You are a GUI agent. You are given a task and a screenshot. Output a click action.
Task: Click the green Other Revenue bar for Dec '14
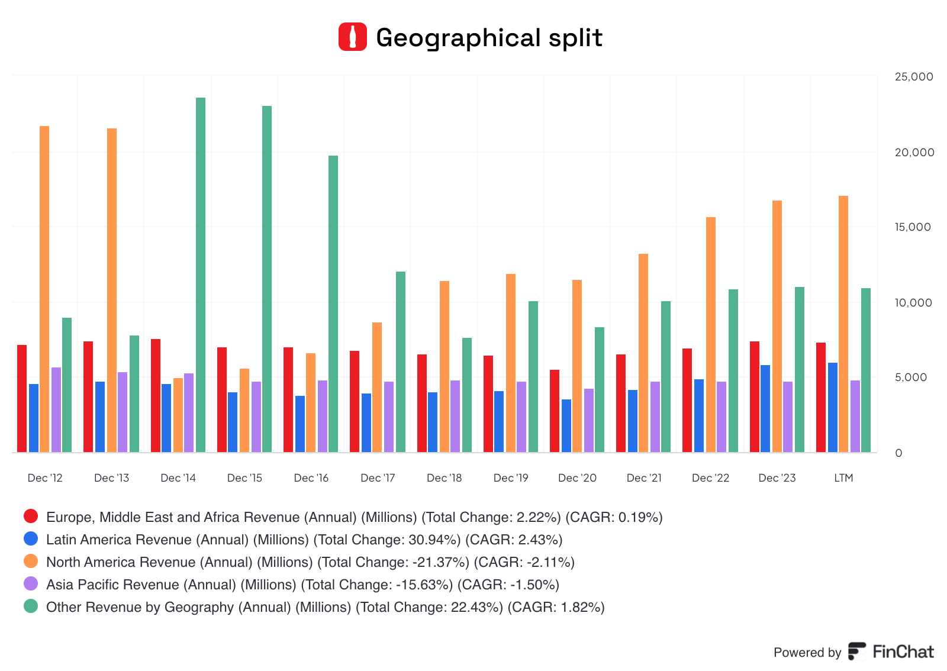coord(201,275)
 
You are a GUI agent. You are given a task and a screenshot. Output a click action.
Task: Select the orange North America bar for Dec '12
coord(44,289)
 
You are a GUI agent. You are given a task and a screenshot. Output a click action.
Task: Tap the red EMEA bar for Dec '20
coord(555,411)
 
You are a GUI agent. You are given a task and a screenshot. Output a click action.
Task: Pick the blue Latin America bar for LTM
coord(833,408)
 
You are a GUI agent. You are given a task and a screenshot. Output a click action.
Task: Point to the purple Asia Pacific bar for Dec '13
coord(123,412)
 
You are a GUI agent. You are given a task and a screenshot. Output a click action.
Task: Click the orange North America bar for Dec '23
coord(777,327)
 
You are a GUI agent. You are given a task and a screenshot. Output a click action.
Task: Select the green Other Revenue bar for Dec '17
coord(401,362)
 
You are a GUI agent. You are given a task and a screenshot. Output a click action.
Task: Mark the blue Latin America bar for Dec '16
coord(300,424)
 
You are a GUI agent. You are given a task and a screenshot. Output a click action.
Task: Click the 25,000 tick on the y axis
coord(914,76)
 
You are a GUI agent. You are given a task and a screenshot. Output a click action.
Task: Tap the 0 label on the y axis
coord(898,453)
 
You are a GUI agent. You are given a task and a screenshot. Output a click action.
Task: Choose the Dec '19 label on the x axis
coord(511,478)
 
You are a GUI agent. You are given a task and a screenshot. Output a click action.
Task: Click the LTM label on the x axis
coord(843,478)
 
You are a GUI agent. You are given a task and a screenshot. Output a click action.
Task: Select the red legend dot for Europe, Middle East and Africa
coord(31,517)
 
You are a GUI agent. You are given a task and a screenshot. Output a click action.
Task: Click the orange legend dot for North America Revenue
coord(31,562)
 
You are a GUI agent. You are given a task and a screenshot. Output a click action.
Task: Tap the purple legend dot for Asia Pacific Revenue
coord(31,584)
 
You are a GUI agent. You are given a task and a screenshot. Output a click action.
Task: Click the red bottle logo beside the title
coord(353,37)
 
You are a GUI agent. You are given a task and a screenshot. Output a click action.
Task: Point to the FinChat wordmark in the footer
coord(903,652)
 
